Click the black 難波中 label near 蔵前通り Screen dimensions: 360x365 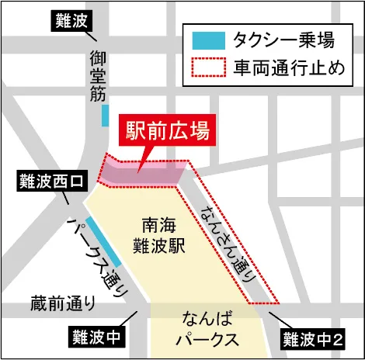tap(95, 337)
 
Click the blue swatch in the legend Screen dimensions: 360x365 tap(209, 39)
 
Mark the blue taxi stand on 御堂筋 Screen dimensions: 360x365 tap(104, 116)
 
